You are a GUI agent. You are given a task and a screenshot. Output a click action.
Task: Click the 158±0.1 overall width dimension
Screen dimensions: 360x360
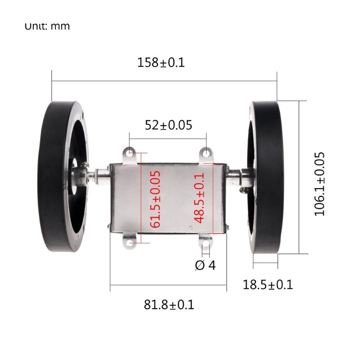point(161,63)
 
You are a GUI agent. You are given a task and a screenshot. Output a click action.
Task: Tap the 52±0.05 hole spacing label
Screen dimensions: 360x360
point(168,125)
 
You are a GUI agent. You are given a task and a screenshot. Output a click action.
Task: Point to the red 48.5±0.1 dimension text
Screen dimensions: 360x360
point(200,198)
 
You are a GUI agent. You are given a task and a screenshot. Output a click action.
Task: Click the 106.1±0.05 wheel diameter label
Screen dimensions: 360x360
point(320,184)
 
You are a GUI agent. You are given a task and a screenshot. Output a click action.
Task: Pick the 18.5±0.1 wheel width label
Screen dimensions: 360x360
point(268,284)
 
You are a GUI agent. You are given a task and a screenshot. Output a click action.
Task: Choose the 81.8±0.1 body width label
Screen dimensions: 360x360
point(169,305)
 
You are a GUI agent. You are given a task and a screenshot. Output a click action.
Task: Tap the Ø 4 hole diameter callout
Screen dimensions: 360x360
point(205,265)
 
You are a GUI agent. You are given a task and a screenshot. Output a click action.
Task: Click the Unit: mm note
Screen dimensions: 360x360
point(47,26)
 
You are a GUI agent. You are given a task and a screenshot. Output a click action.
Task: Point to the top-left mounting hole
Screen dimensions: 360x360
point(130,154)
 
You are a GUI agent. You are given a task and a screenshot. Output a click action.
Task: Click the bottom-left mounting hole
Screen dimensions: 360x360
point(130,243)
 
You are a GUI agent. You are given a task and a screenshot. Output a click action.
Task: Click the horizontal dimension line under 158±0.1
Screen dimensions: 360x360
point(164,81)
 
